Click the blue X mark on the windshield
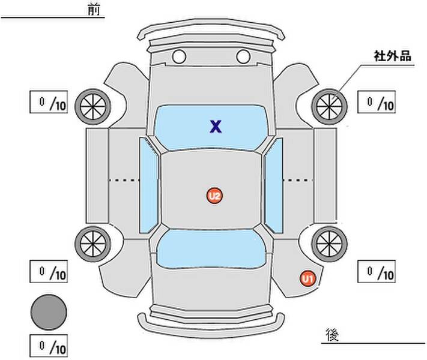[216, 127]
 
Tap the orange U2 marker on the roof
[214, 196]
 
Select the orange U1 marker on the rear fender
[307, 278]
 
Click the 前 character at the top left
[94, 10]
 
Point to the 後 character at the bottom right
[332, 334]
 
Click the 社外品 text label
[392, 56]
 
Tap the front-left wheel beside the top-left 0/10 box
[93, 107]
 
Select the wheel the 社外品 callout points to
[329, 107]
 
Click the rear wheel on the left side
[93, 244]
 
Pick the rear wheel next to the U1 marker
[329, 244]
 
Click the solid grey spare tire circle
[49, 312]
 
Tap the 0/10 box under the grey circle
[49, 346]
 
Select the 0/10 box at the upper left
[49, 102]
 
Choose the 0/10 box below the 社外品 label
[377, 102]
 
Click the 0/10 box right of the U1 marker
[377, 271]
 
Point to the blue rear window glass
[211, 249]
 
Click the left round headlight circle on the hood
[179, 56]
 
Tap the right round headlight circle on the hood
[243, 56]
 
